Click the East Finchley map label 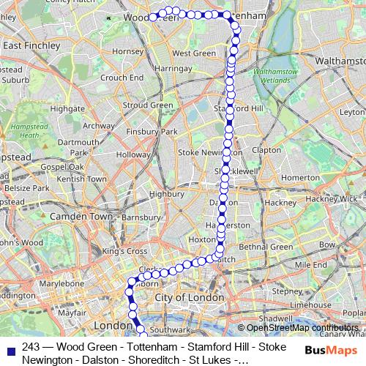[31, 45]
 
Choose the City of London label [189, 298]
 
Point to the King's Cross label [124, 251]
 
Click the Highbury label [166, 195]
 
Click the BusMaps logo [326, 350]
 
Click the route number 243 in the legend [31, 347]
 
